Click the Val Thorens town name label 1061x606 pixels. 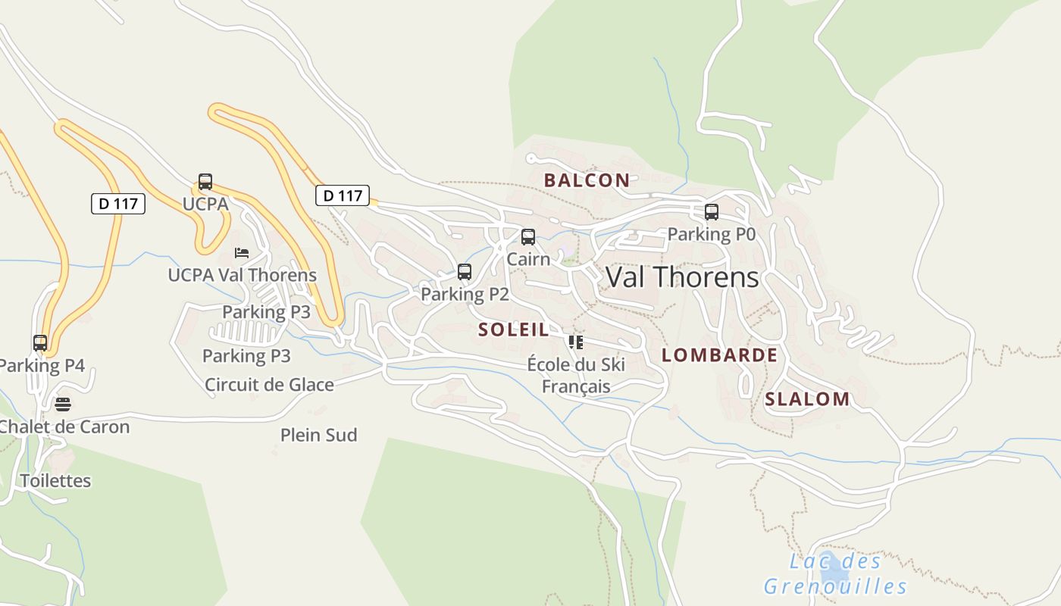click(x=682, y=277)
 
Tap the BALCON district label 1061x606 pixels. click(x=587, y=180)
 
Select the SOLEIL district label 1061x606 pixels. click(x=513, y=330)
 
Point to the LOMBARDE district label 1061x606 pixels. click(x=719, y=355)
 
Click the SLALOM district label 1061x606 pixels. click(x=807, y=399)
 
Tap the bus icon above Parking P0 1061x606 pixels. click(x=711, y=212)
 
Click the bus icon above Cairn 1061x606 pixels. click(x=528, y=236)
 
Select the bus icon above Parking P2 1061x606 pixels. click(x=465, y=271)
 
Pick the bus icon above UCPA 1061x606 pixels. click(x=205, y=182)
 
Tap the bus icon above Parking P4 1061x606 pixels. click(x=40, y=342)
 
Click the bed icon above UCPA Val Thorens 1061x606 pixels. click(x=242, y=252)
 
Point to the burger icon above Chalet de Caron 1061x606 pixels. click(x=63, y=404)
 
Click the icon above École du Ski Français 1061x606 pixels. click(x=576, y=342)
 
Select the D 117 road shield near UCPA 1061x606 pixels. click(x=118, y=203)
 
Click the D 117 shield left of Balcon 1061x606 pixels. click(x=343, y=195)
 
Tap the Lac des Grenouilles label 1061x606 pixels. click(x=835, y=573)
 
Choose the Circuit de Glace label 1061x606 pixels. click(x=269, y=385)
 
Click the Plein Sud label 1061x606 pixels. click(x=318, y=436)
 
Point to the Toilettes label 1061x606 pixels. click(x=55, y=481)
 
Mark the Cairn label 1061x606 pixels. click(x=528, y=259)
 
